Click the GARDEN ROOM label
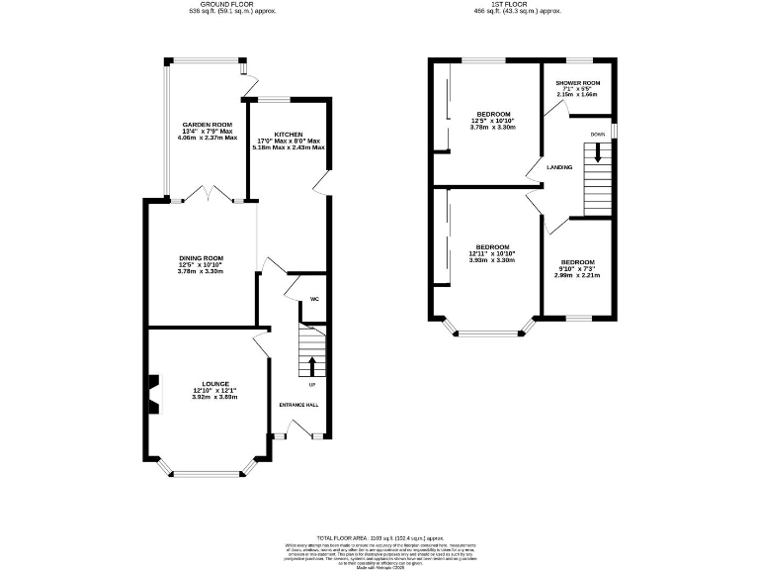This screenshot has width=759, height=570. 205,125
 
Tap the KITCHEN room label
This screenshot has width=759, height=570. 289,135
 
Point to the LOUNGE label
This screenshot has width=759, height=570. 216,384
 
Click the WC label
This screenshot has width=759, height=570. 313,299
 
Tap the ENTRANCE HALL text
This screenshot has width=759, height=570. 298,405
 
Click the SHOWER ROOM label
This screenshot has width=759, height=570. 578,83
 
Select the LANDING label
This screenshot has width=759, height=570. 560,167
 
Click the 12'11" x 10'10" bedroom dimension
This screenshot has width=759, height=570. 492,253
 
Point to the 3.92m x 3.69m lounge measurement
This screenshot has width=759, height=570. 216,397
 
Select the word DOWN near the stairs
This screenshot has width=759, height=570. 597,134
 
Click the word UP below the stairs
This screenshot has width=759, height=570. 312,384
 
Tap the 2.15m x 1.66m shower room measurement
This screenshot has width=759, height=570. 578,96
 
